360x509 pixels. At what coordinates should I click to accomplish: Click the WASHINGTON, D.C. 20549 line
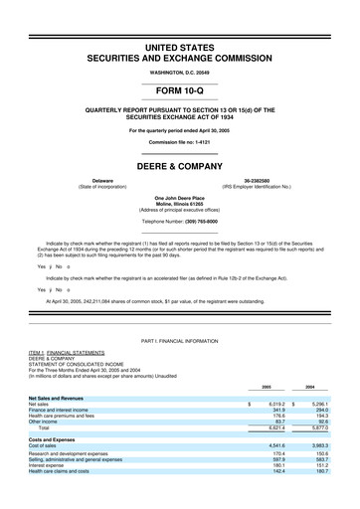[x=180, y=61]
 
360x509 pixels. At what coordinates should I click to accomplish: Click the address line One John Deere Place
[x=180, y=199]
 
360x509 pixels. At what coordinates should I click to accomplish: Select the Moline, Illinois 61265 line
[x=180, y=205]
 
